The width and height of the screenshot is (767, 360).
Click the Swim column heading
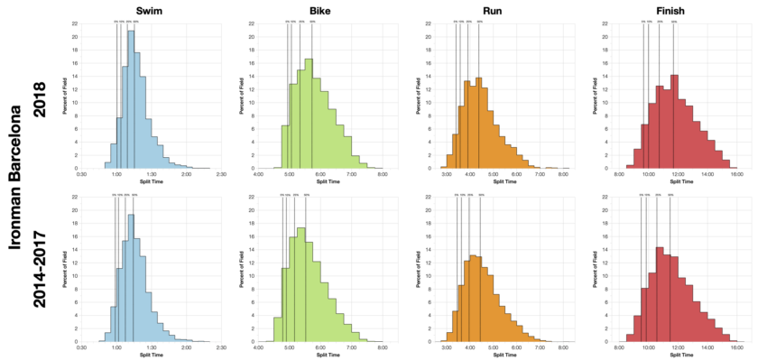click(x=135, y=8)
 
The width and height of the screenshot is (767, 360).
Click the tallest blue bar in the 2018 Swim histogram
click(x=131, y=99)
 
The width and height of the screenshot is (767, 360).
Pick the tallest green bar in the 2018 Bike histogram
click(x=309, y=114)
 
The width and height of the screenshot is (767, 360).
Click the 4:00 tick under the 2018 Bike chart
click(x=259, y=175)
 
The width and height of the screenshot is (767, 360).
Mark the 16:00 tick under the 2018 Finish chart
click(x=736, y=175)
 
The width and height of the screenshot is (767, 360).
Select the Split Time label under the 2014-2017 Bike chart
click(x=322, y=355)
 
